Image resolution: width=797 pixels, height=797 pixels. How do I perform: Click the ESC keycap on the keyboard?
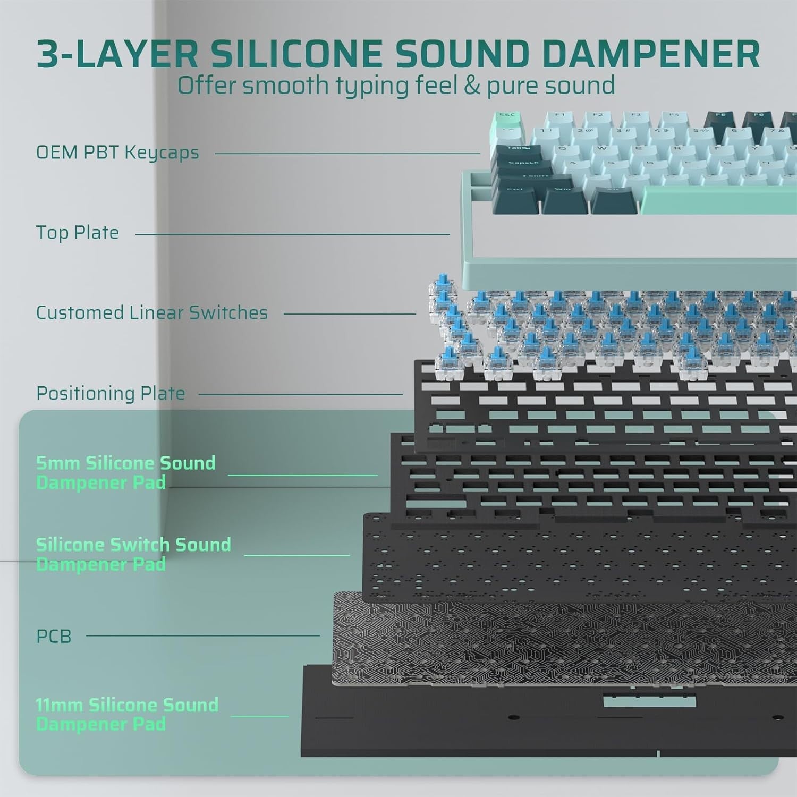(x=507, y=118)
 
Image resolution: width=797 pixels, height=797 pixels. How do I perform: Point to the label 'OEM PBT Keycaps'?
(x=117, y=152)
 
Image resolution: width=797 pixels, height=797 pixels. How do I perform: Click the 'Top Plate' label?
(x=78, y=233)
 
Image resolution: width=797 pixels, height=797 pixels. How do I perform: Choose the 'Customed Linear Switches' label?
(x=152, y=313)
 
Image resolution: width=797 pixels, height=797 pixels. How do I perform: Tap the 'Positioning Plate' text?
(x=111, y=394)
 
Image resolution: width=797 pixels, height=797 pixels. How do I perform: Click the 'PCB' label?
(x=54, y=636)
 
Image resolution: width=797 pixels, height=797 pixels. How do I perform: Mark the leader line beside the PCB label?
(x=202, y=635)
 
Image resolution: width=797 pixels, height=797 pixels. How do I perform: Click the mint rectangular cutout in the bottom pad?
(x=649, y=701)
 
